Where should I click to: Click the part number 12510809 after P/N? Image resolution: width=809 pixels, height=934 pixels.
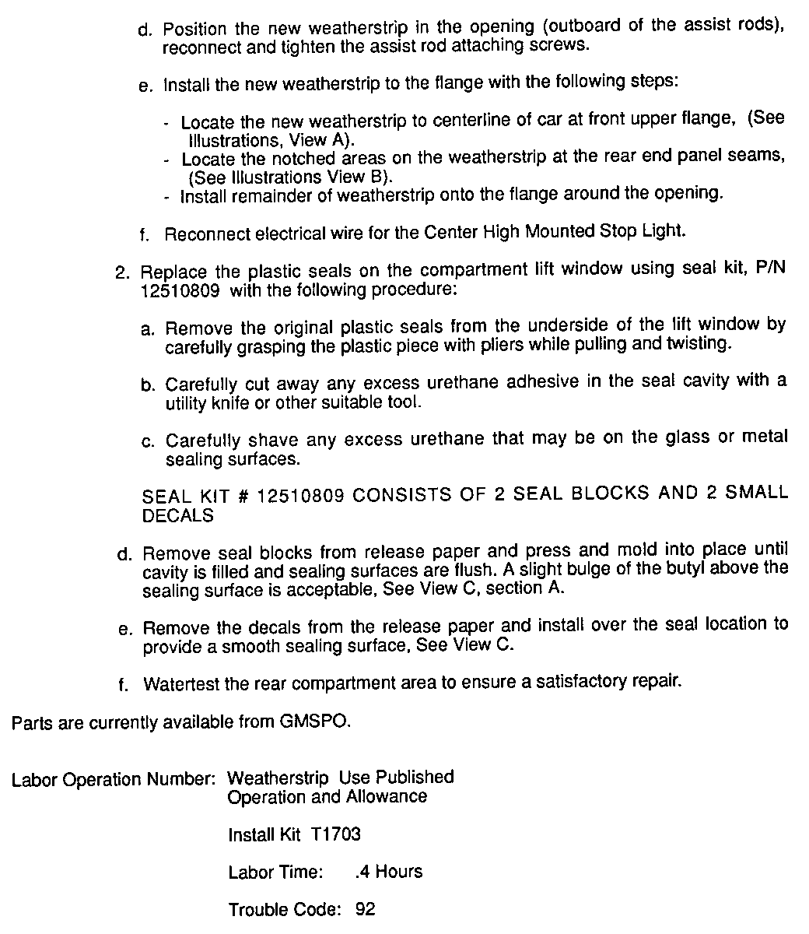173,290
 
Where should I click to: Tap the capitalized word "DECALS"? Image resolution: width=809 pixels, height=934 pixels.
178,515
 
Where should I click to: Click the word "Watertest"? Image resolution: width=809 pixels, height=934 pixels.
182,684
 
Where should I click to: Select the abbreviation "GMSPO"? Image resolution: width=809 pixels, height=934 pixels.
314,722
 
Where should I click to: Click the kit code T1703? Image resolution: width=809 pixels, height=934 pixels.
335,835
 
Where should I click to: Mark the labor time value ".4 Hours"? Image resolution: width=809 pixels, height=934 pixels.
387,872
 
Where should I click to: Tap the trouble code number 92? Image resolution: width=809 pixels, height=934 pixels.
364,909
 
